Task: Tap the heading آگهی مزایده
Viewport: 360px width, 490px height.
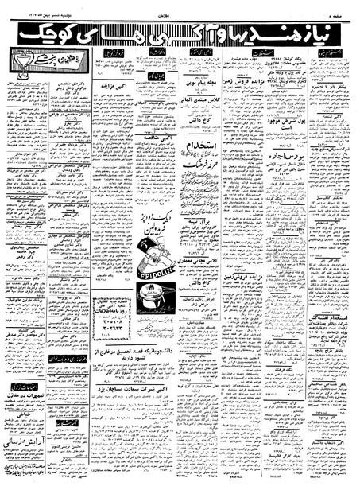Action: tap(118, 83)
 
